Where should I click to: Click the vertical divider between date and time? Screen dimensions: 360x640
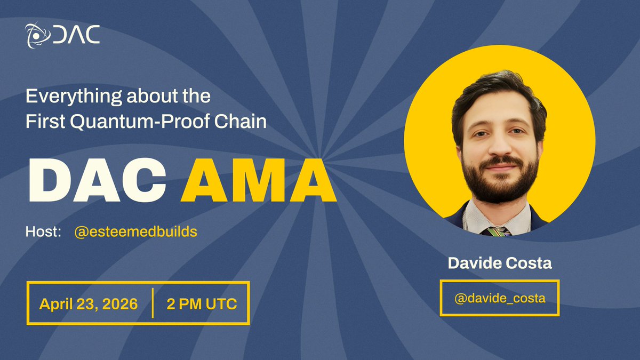point(153,303)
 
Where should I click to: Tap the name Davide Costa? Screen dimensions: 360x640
point(499,263)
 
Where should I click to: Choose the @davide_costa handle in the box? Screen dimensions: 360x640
point(499,298)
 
